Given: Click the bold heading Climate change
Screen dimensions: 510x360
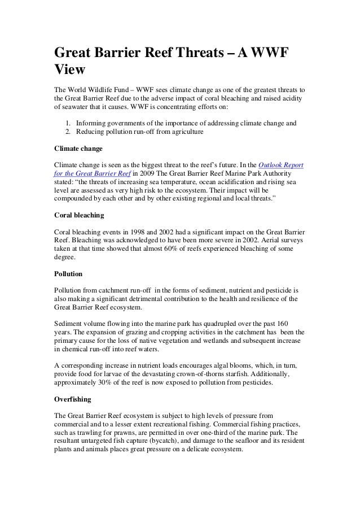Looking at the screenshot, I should click(x=78, y=150).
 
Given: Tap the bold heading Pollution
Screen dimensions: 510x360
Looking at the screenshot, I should click(x=68, y=273).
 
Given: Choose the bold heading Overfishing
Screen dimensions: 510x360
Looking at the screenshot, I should click(x=72, y=399).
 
